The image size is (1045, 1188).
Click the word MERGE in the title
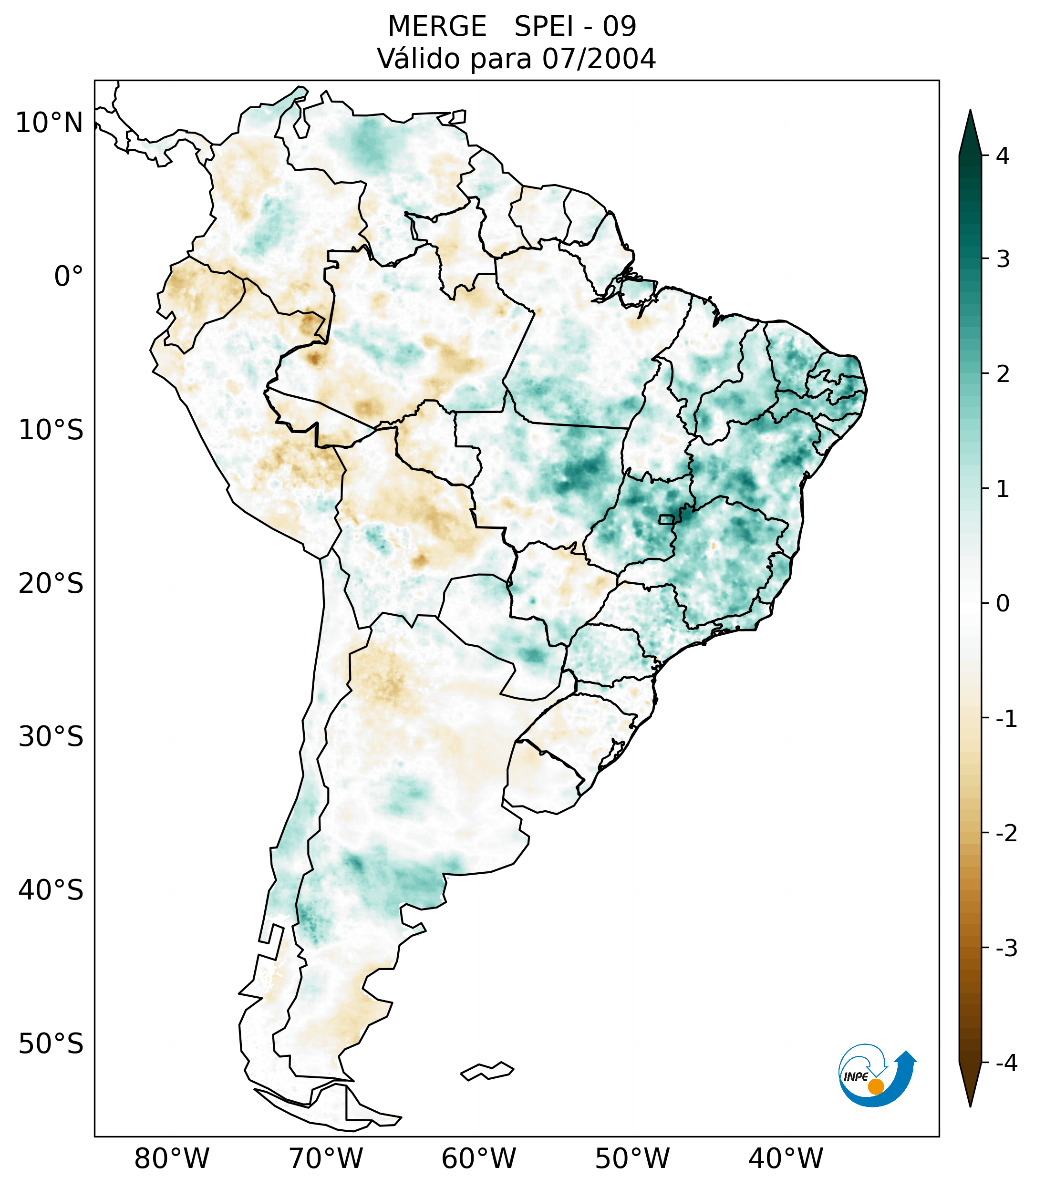point(436,27)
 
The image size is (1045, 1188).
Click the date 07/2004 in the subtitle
point(599,59)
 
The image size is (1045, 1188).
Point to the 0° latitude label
point(68,277)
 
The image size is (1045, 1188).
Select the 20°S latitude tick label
point(51,584)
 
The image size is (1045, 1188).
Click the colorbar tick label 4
point(1003,156)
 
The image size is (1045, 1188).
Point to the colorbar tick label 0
point(1003,604)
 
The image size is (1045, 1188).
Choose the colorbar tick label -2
point(1006,834)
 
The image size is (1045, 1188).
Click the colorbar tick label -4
point(1006,1064)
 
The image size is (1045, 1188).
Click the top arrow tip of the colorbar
point(970,112)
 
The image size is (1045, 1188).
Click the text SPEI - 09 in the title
point(575,27)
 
